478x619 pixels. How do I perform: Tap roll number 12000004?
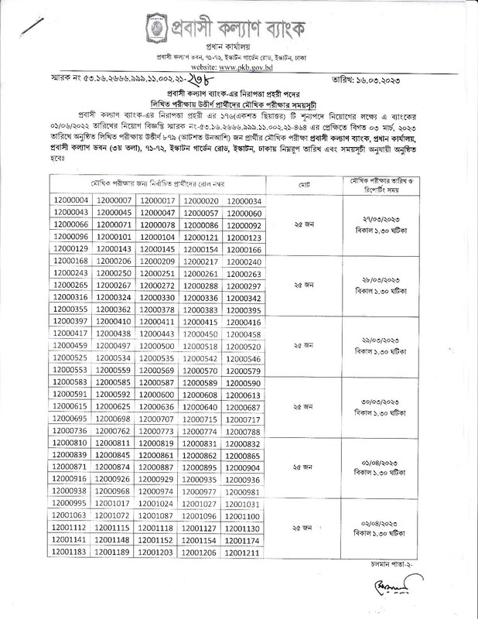(70, 201)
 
